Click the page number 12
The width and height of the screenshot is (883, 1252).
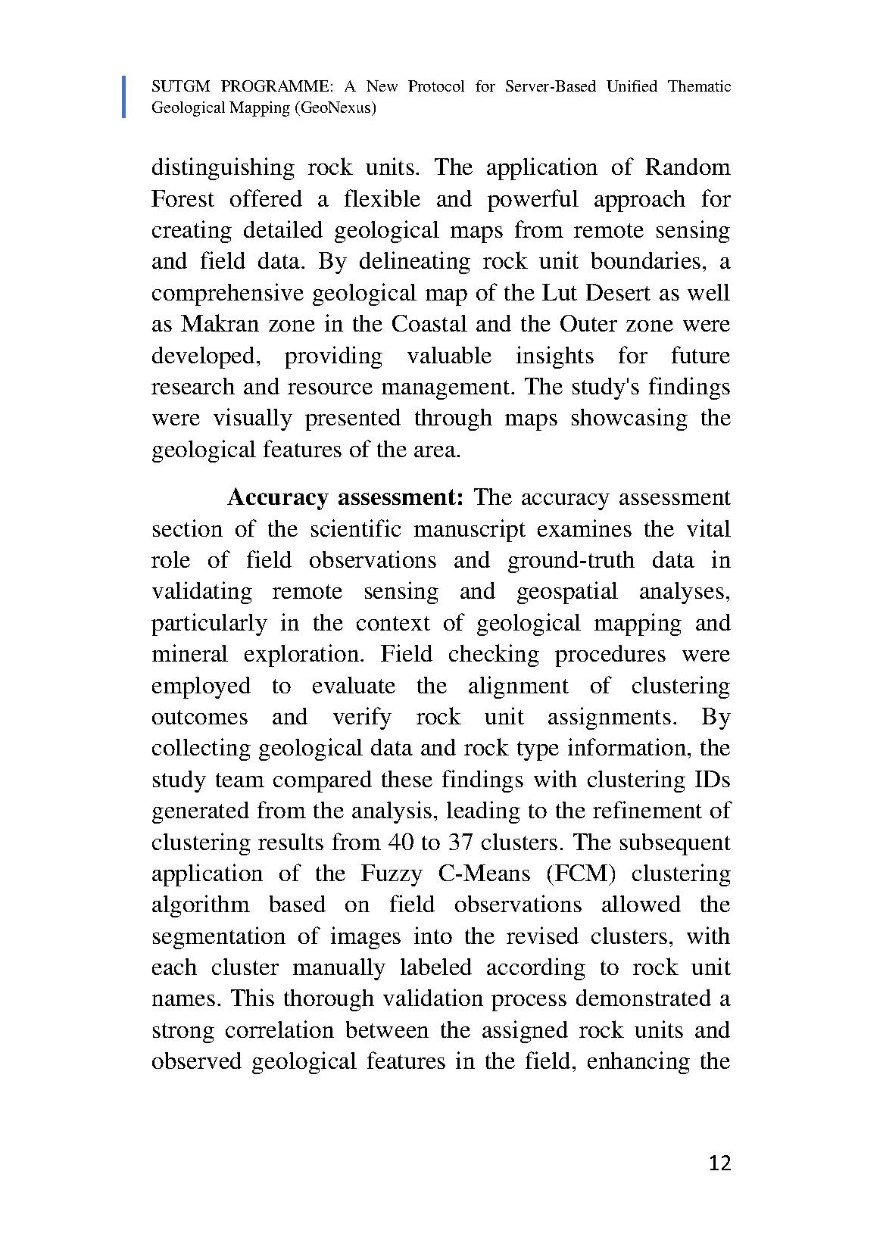pos(720,1163)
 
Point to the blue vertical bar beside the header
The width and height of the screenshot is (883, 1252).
pos(124,97)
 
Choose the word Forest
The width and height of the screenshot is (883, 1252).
pos(183,199)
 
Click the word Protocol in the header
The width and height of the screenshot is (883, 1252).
pos(437,86)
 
